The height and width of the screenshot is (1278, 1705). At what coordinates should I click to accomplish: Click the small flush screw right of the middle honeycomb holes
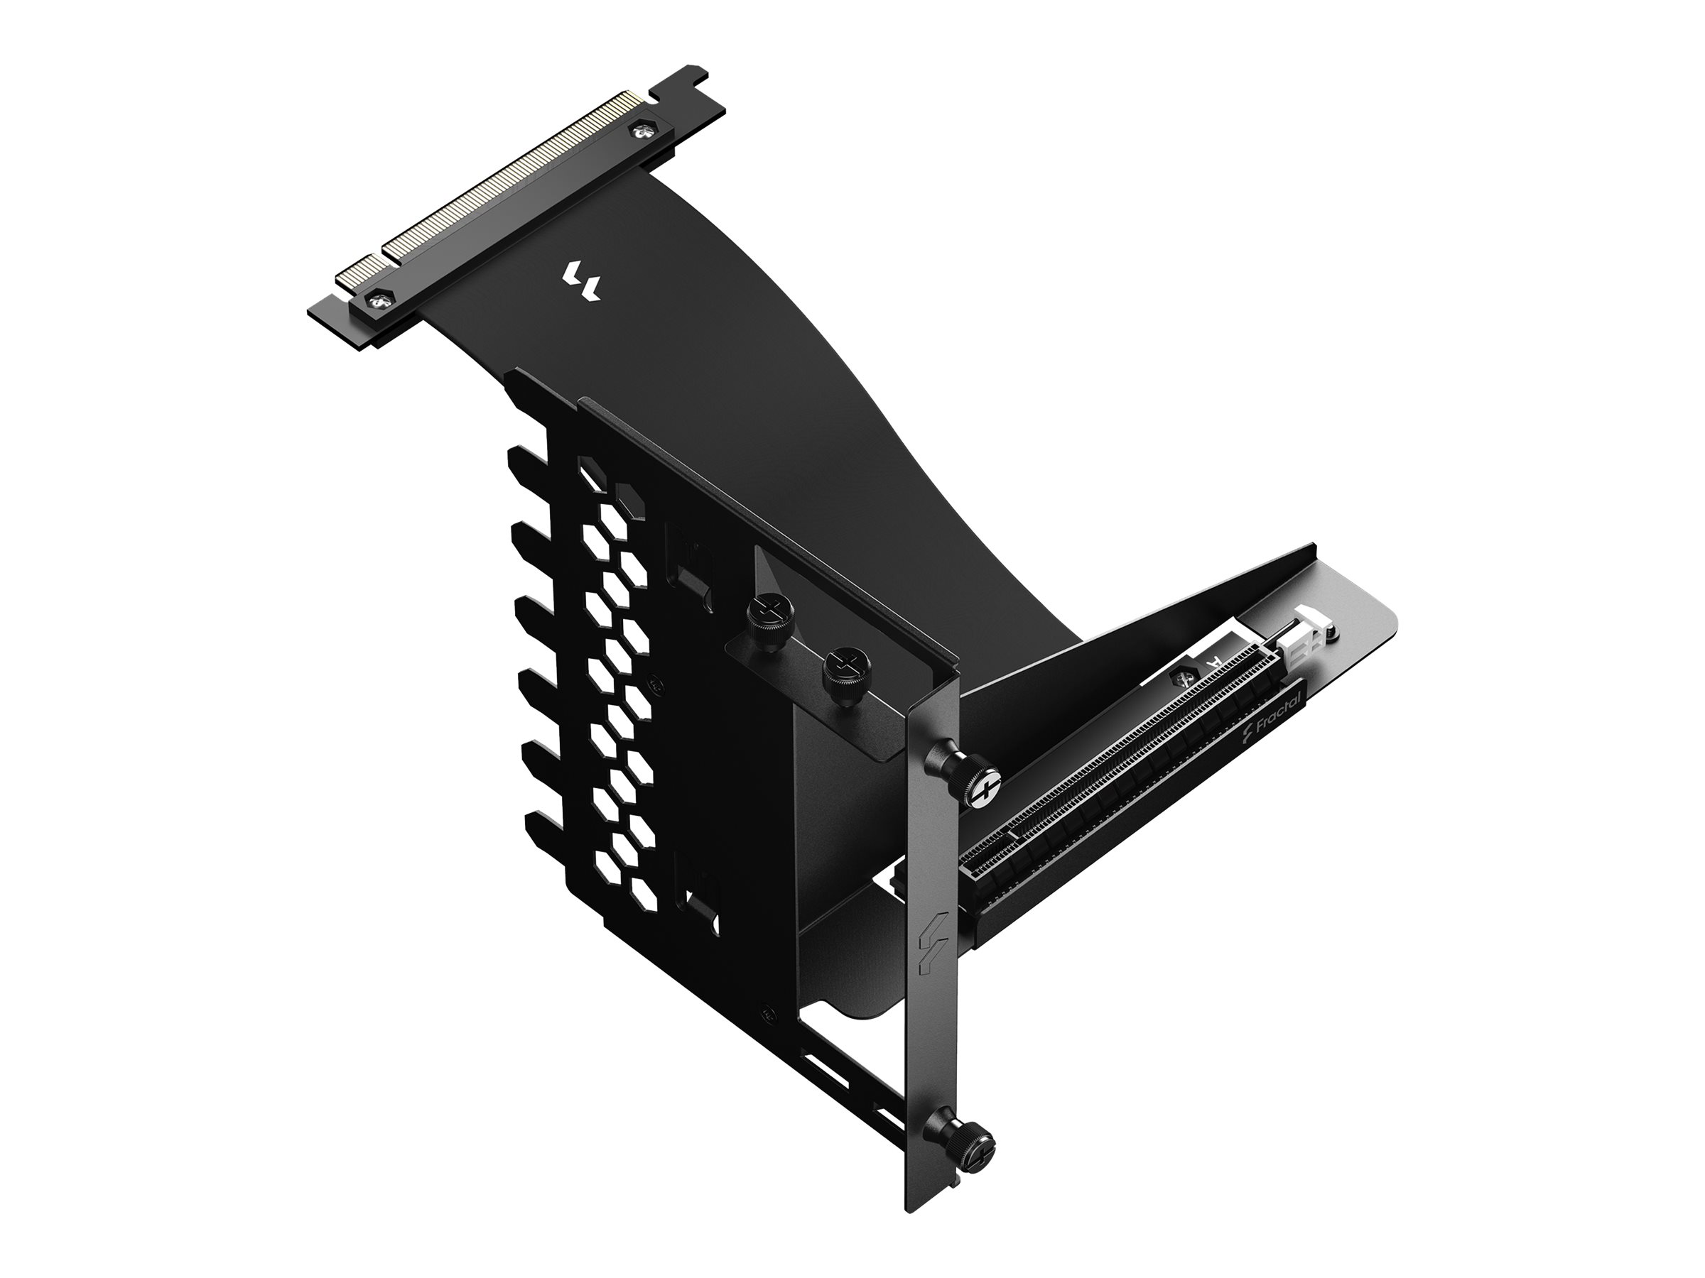tap(655, 681)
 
